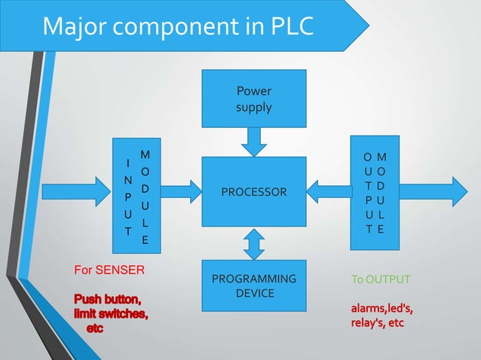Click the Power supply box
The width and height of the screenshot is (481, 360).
tap(253, 98)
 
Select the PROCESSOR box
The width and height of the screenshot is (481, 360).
tap(253, 191)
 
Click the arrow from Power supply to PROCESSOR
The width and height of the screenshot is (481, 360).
tap(253, 141)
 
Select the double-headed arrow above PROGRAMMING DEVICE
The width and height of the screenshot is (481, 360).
tap(254, 243)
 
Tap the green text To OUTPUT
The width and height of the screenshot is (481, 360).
tap(381, 280)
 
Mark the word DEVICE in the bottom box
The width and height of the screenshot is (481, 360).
tap(254, 293)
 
